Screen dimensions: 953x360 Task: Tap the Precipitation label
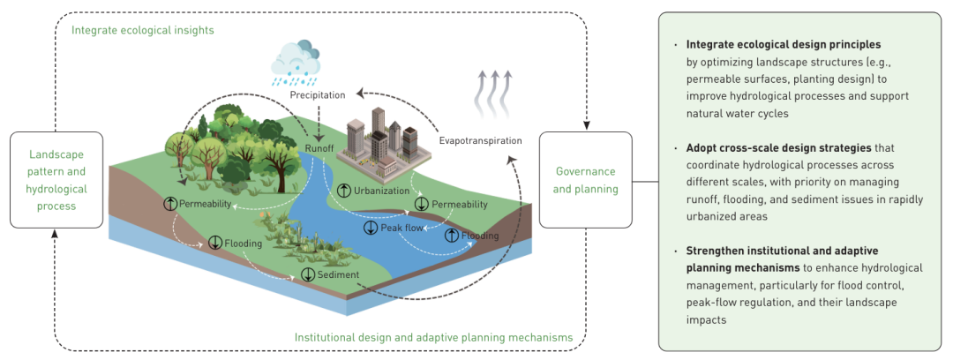[318, 95]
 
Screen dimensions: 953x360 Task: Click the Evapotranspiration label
[480, 140]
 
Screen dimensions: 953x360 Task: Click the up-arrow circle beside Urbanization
[344, 191]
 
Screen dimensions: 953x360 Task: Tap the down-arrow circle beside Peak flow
[371, 229]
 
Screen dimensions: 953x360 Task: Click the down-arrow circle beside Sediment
[308, 275]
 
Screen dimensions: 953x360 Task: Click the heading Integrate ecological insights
[143, 30]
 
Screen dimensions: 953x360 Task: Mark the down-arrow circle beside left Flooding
[214, 243]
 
